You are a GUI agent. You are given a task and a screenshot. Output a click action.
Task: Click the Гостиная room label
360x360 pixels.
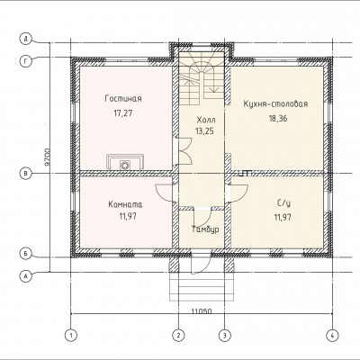click(x=123, y=99)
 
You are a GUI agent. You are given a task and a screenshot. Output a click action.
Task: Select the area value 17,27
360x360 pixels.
click(x=123, y=113)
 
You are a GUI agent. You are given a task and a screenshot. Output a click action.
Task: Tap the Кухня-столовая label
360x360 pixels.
click(x=275, y=103)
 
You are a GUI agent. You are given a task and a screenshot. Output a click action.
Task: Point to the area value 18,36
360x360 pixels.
click(x=278, y=118)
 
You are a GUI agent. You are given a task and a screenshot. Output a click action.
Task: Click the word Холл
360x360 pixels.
click(x=206, y=120)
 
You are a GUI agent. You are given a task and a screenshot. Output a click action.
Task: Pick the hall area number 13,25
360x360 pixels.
click(x=204, y=131)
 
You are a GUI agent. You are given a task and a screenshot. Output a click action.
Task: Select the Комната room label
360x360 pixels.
click(x=125, y=204)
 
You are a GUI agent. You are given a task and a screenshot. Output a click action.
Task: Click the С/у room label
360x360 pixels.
click(x=283, y=203)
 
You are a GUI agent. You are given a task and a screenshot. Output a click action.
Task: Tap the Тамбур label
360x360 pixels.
click(x=205, y=229)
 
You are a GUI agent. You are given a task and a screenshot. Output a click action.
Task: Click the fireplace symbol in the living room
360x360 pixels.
click(x=125, y=162)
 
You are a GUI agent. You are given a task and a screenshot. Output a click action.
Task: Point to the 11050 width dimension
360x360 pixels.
click(x=202, y=311)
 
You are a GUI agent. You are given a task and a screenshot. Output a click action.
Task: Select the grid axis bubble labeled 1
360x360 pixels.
click(x=71, y=335)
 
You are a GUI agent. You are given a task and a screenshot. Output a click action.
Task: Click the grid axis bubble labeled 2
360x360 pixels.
click(x=178, y=335)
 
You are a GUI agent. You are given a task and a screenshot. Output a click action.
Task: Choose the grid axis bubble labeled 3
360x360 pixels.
click(x=224, y=335)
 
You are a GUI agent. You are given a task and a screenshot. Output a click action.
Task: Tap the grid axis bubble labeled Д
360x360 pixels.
click(x=26, y=39)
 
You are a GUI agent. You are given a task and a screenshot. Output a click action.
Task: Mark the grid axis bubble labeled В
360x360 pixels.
click(x=26, y=173)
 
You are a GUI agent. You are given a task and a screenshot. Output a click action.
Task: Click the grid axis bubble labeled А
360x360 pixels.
click(x=26, y=276)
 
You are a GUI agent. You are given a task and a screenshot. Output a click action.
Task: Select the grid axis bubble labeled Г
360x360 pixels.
click(x=26, y=61)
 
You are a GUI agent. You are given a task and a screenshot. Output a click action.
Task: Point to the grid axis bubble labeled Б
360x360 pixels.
click(x=26, y=254)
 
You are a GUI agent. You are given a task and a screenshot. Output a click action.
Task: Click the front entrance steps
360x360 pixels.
click(x=202, y=287)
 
